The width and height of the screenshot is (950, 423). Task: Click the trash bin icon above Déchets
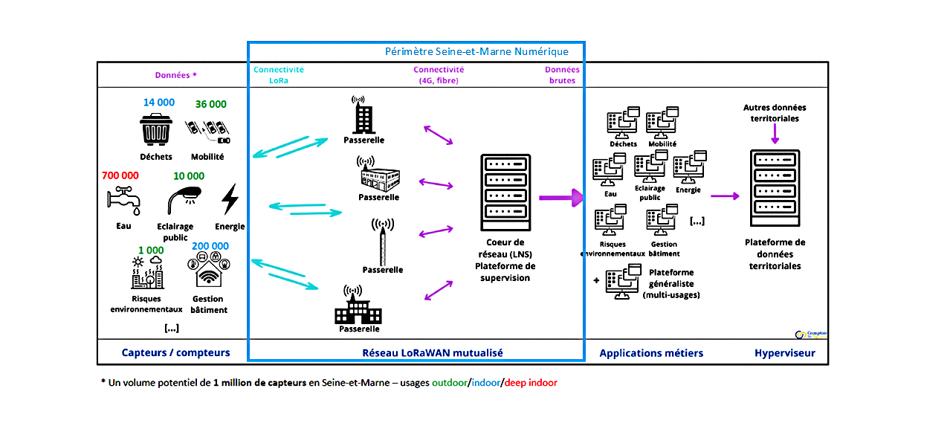click(x=156, y=130)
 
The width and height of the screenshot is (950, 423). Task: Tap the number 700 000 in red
click(x=120, y=176)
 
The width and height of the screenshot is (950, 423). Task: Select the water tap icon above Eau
click(x=123, y=198)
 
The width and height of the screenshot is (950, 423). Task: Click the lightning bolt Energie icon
click(x=230, y=199)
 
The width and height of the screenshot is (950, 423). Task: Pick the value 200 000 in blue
click(x=210, y=246)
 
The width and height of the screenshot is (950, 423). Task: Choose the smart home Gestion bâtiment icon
click(x=209, y=271)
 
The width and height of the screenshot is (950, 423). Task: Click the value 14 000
click(x=159, y=103)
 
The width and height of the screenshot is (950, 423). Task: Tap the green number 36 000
click(x=210, y=104)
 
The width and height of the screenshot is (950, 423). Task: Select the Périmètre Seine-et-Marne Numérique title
click(x=476, y=52)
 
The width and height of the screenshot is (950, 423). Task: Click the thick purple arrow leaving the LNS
click(x=560, y=198)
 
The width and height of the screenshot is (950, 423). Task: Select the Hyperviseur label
click(x=784, y=353)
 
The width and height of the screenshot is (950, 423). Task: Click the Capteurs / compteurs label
click(x=175, y=353)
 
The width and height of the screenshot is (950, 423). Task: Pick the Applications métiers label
click(x=651, y=353)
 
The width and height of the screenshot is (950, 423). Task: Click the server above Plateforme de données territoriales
click(x=775, y=187)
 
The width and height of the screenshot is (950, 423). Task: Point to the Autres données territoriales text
click(x=775, y=112)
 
